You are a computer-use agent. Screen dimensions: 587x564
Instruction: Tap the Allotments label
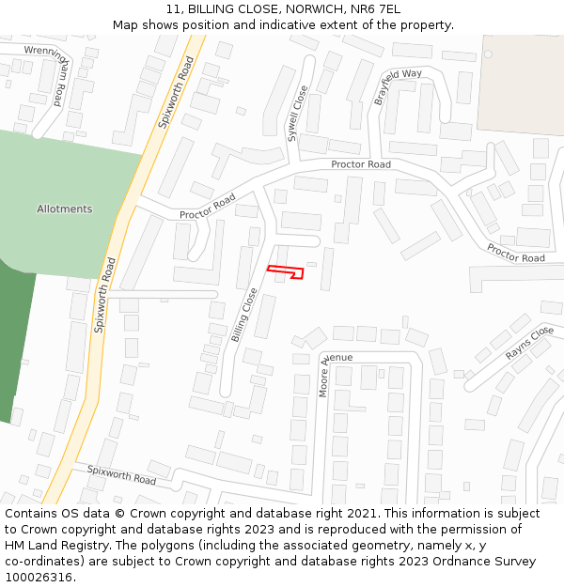65,209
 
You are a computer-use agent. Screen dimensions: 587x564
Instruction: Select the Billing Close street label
244,314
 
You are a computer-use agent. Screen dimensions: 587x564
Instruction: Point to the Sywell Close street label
297,113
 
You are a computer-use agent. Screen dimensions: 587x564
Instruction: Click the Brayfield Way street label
398,86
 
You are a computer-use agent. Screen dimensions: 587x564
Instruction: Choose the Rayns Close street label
529,344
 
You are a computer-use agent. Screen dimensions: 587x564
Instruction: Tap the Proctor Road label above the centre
360,164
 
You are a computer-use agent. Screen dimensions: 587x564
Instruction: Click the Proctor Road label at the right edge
515,254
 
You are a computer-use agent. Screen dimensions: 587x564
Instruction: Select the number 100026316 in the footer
39,577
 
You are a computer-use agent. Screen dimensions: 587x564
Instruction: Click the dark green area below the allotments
17,338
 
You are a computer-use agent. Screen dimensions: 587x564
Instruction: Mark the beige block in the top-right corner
522,85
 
